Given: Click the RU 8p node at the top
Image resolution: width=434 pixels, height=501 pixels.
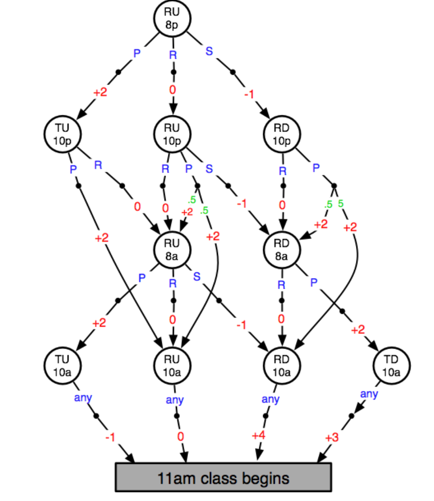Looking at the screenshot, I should [x=172, y=19].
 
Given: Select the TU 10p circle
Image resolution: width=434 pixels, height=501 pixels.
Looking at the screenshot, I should [x=62, y=135].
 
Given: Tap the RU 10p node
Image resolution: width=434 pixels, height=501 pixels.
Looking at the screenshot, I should [x=172, y=135].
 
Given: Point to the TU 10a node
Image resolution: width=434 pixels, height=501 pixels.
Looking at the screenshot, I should [x=62, y=366].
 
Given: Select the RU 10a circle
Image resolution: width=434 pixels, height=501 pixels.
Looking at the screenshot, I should [x=172, y=366].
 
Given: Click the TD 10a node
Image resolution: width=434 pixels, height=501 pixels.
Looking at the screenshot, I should [x=392, y=366].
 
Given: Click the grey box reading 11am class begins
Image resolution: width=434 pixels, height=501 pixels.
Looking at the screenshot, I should [x=223, y=477].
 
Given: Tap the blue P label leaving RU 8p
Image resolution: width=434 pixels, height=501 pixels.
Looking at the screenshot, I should [x=137, y=53].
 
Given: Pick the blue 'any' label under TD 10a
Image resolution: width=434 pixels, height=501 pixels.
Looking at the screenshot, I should [x=369, y=394].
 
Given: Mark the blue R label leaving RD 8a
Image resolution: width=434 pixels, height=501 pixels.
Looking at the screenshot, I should [x=281, y=285].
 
